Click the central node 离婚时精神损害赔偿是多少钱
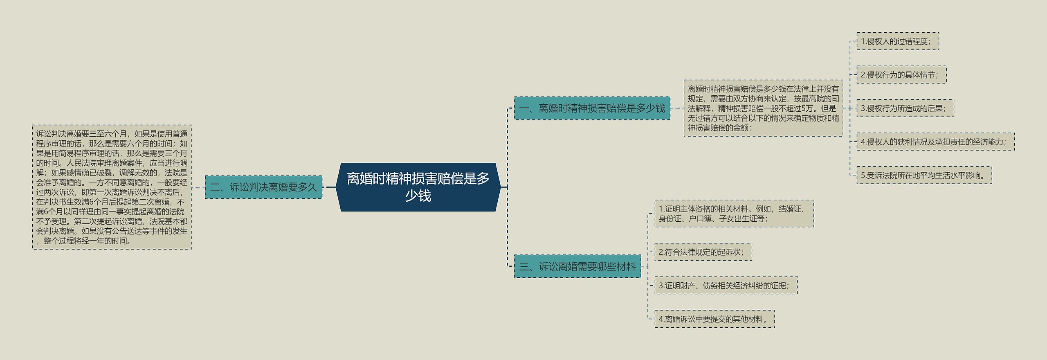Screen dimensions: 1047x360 (418, 187)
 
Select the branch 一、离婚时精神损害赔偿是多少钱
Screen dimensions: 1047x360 (592, 108)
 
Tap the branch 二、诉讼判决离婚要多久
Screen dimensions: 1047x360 (263, 187)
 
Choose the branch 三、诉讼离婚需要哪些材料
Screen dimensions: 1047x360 (577, 267)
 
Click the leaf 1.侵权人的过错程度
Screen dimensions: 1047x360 (897, 41)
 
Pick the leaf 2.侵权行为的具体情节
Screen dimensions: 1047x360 (901, 75)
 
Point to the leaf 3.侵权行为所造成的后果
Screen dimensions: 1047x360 (905, 108)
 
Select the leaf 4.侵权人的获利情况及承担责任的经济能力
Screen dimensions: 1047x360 (935, 142)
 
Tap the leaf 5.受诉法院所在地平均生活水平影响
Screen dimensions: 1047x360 (924, 175)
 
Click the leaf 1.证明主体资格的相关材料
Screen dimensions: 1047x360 (734, 214)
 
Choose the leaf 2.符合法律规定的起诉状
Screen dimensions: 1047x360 (703, 252)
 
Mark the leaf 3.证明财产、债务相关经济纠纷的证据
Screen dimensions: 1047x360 (726, 286)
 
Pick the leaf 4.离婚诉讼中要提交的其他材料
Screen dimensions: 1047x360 (714, 319)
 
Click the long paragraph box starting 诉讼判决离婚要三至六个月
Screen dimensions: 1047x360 (112, 187)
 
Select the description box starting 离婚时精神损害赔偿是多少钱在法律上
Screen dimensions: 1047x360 (763, 108)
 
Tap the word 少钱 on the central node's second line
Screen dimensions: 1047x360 (418, 196)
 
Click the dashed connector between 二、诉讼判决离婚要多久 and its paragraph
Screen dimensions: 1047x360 (198, 187)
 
